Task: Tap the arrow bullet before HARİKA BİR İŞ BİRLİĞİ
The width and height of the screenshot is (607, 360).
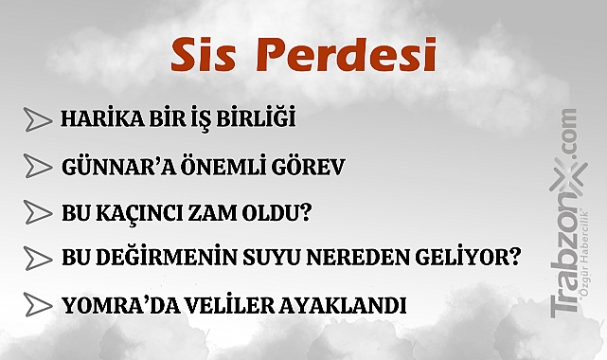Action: coord(37,120)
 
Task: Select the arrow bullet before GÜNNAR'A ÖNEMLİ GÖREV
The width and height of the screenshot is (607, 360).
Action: coord(37,168)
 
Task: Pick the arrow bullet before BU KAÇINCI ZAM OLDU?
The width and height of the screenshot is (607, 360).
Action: coord(37,211)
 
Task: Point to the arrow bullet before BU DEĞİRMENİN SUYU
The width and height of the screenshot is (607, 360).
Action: coord(37,257)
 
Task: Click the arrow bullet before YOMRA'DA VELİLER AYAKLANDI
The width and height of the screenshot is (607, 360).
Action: coord(37,305)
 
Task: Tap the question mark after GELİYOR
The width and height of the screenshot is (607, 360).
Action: coord(514,257)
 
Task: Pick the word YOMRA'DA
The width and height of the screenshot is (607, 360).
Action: coord(107,305)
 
